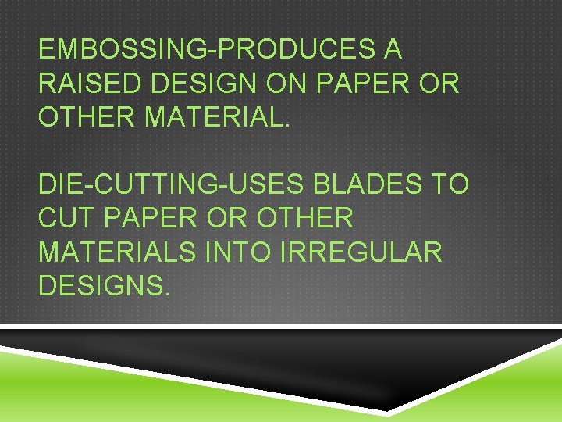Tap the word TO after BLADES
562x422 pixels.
click(452, 184)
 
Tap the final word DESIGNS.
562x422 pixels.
click(103, 285)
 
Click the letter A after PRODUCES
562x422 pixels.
click(392, 51)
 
